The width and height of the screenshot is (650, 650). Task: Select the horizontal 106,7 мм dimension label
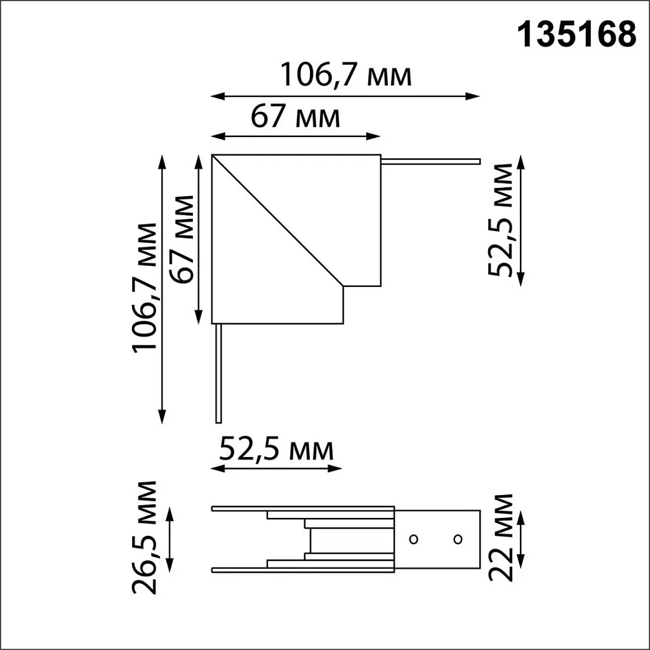[x=347, y=76]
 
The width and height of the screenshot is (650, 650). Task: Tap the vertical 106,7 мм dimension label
[x=144, y=286]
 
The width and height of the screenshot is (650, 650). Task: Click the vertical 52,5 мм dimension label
[x=501, y=220]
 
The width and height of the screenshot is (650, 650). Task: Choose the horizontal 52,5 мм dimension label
[x=276, y=450]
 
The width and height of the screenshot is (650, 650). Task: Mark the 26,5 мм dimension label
[x=145, y=537]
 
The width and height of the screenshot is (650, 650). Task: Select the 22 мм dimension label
[x=501, y=537]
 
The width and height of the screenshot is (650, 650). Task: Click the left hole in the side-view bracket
[x=413, y=540]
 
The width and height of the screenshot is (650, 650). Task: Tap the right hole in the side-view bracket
[x=458, y=540]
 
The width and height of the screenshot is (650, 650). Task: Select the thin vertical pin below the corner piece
[x=218, y=373]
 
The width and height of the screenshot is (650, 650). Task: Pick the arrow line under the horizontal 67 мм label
[x=295, y=136]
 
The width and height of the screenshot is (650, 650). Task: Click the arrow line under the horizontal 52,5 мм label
[x=276, y=468]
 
